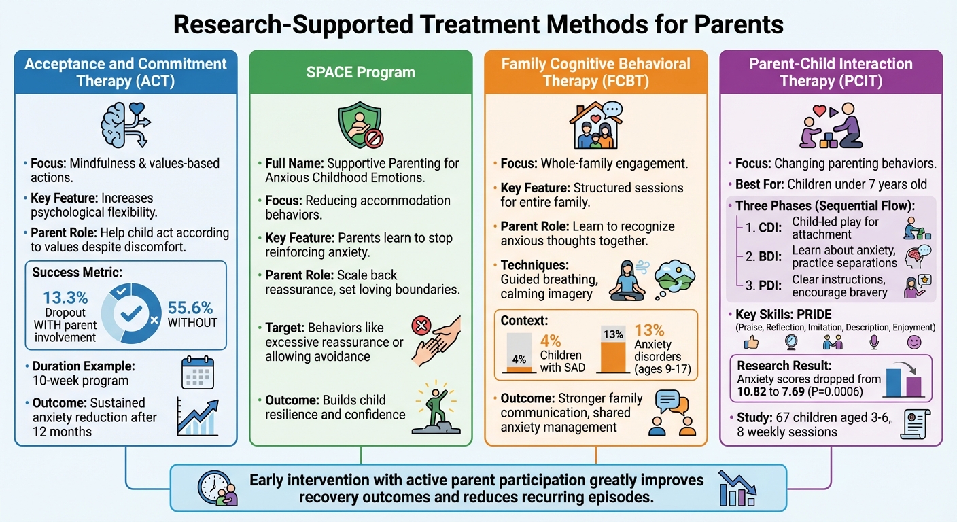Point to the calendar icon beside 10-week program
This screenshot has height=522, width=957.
198,372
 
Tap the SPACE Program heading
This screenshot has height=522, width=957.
360,73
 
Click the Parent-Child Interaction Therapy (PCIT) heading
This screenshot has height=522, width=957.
831,73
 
